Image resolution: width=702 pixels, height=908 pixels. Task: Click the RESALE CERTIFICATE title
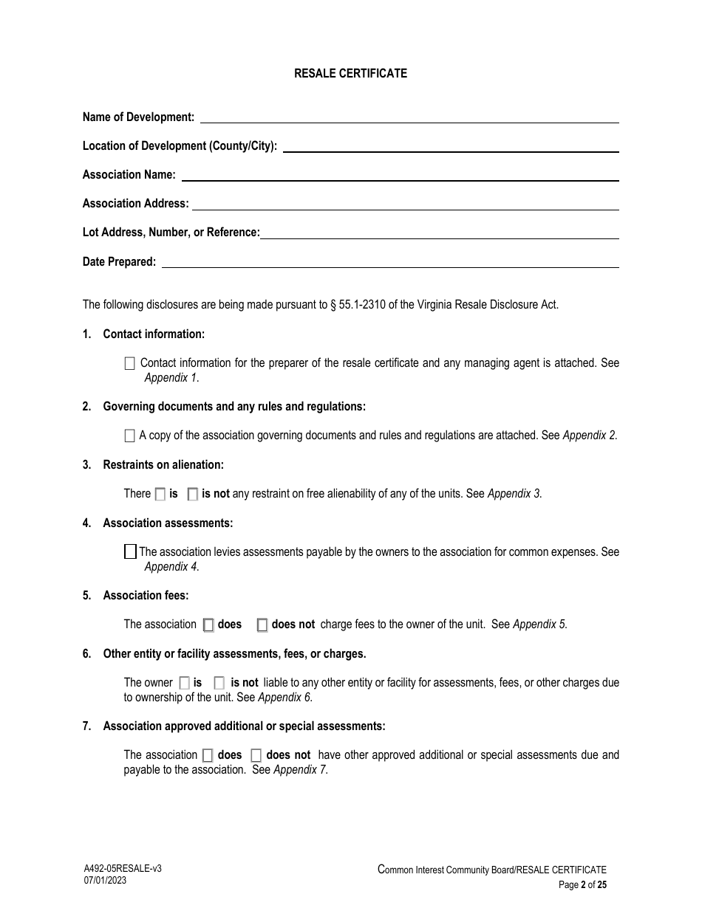point(350,73)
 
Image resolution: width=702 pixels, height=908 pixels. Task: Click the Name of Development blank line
point(409,119)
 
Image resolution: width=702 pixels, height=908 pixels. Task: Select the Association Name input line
point(400,176)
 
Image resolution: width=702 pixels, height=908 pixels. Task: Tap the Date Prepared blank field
point(389,264)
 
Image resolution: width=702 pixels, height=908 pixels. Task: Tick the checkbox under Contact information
point(130,363)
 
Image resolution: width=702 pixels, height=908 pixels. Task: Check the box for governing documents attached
point(130,436)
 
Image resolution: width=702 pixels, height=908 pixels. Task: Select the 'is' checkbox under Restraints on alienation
point(160,494)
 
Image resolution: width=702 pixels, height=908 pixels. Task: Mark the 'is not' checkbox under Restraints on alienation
point(193,494)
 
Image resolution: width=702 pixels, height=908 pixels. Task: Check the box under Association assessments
point(130,551)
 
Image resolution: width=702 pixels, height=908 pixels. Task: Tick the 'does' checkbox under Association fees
point(208,625)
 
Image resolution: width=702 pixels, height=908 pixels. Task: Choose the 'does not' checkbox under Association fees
point(262,625)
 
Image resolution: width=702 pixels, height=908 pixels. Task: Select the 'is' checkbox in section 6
point(184,683)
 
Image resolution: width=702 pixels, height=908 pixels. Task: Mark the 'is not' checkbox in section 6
point(219,683)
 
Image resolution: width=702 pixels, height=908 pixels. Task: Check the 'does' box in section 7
point(208,755)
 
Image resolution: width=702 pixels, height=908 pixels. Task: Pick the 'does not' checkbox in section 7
point(256,755)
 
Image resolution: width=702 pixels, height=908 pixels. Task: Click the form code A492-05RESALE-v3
point(122,869)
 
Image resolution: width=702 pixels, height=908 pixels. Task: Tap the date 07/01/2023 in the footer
point(105,881)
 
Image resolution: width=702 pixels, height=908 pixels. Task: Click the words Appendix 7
point(300,769)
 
